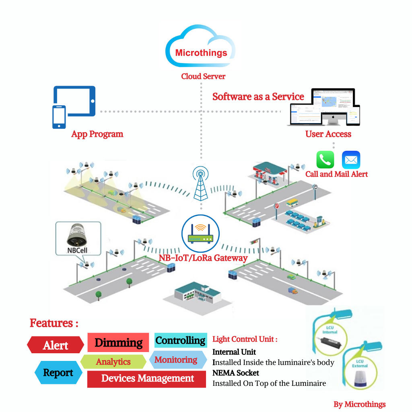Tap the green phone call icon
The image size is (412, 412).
(x=325, y=160)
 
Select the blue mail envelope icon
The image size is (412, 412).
(x=351, y=160)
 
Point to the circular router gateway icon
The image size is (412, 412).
(x=200, y=233)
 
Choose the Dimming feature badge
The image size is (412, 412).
(x=118, y=342)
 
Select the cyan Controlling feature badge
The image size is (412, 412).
(x=181, y=340)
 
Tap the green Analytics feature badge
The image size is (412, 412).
(x=113, y=362)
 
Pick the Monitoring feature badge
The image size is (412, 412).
(x=176, y=360)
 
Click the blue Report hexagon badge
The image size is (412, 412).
(x=58, y=373)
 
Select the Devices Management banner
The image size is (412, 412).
(x=147, y=379)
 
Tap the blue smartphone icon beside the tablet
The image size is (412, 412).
(x=59, y=117)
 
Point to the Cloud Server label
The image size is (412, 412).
(x=203, y=76)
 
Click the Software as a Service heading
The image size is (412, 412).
(x=258, y=97)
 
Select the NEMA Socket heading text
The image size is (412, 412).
(x=236, y=373)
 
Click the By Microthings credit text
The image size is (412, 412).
(x=359, y=404)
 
